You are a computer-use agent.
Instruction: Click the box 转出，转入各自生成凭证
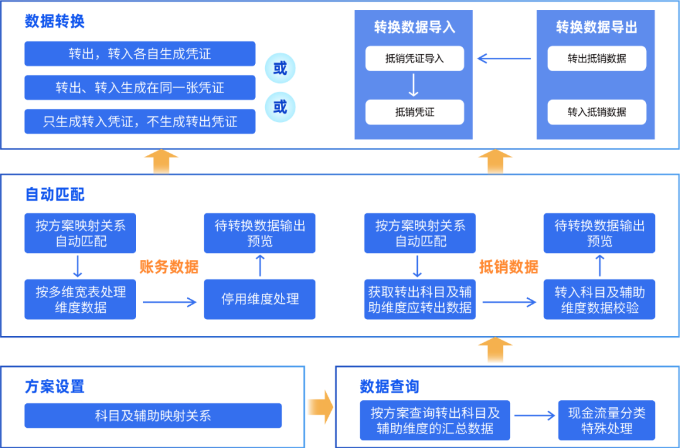click(x=140, y=53)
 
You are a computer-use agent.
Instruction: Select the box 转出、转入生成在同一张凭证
click(x=140, y=87)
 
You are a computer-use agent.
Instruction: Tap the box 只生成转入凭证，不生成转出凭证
click(x=140, y=121)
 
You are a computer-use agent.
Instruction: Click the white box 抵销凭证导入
click(x=414, y=59)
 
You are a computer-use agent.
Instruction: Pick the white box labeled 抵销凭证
click(x=414, y=112)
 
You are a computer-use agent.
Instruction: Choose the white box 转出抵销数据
click(x=596, y=59)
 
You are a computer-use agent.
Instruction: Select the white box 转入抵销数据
click(x=596, y=112)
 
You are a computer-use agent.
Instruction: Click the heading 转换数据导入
click(x=414, y=27)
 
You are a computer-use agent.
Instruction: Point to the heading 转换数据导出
click(x=596, y=27)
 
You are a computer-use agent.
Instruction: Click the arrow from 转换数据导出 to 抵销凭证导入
click(x=503, y=59)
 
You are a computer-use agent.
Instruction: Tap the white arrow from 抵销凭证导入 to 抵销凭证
click(x=414, y=85)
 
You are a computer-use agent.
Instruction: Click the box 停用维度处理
click(x=259, y=300)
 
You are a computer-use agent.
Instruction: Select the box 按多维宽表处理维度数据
click(x=80, y=300)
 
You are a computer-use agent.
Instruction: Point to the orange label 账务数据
click(x=169, y=267)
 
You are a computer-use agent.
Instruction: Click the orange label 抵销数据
click(x=509, y=267)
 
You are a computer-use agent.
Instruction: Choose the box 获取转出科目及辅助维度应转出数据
click(x=420, y=300)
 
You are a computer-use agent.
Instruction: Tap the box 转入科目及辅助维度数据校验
click(x=599, y=300)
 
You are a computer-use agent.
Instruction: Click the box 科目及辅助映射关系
click(x=153, y=415)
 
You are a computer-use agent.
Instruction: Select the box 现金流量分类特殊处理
click(x=606, y=420)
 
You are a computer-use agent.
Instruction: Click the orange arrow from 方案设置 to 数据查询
click(x=320, y=407)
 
